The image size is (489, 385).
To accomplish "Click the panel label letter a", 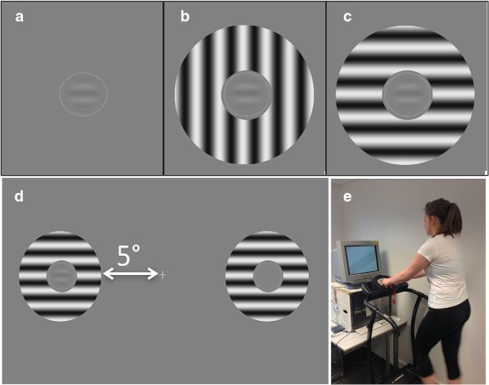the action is (x=19, y=17).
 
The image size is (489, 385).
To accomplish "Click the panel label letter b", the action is (x=185, y=16).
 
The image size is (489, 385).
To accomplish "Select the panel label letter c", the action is (x=348, y=17).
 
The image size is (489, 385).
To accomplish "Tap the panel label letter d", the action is (x=19, y=196).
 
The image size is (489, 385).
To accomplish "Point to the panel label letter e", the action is (x=347, y=197).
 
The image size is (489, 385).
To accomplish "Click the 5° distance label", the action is (x=128, y=254).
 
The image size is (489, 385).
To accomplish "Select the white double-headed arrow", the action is (x=131, y=274).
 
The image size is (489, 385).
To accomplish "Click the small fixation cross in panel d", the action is (x=163, y=275).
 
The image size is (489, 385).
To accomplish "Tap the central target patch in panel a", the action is (x=83, y=94).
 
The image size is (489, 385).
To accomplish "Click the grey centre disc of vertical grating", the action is (x=246, y=95).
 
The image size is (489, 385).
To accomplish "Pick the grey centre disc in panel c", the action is (x=407, y=95).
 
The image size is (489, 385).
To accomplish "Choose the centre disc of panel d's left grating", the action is (x=62, y=277).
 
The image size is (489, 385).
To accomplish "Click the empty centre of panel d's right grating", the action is (x=268, y=277).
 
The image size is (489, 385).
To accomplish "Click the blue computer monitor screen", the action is (x=363, y=260).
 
